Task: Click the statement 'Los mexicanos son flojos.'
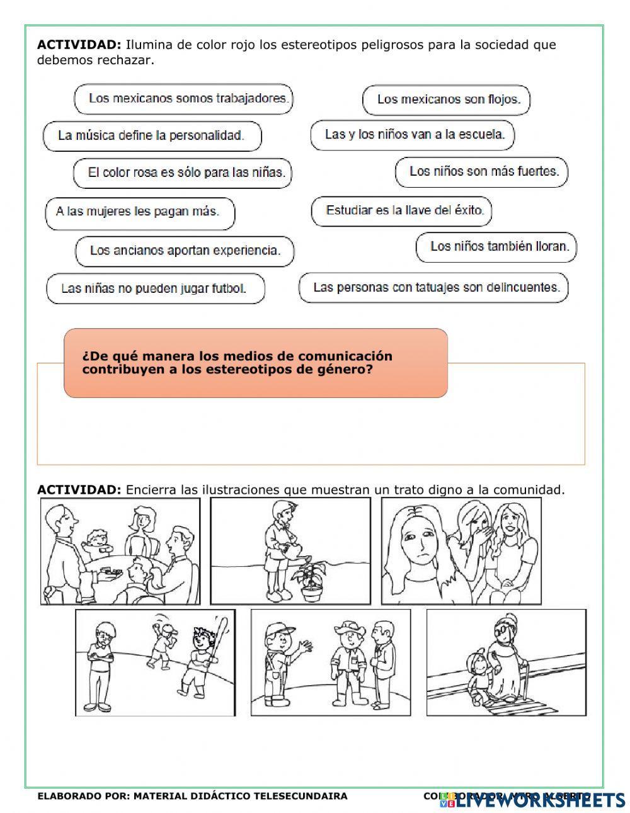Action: click(446, 99)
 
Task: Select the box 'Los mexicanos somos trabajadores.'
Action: click(183, 99)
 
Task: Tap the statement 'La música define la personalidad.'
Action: click(152, 136)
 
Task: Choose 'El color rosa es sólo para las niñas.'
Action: click(182, 173)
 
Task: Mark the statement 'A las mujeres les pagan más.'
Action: click(140, 212)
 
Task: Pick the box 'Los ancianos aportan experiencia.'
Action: click(185, 251)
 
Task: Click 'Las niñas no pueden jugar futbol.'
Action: click(155, 289)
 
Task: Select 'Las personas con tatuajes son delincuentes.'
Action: click(433, 288)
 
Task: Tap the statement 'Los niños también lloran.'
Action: click(496, 247)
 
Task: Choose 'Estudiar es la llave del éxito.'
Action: click(401, 211)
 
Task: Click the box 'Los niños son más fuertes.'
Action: click(481, 172)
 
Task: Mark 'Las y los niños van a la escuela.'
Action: click(412, 135)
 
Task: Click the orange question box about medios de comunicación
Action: click(255, 363)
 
